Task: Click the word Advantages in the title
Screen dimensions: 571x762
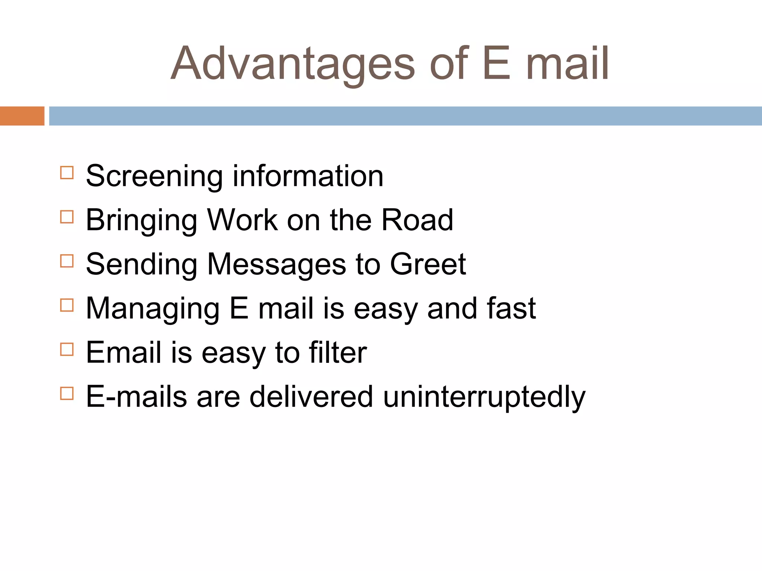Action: coord(292,64)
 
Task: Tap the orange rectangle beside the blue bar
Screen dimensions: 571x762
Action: coord(22,116)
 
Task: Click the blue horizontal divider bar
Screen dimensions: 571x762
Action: coord(405,116)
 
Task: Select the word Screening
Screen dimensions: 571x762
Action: coord(154,176)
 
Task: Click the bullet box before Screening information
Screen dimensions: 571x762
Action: coord(67,173)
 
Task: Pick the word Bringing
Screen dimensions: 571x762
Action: coord(141,220)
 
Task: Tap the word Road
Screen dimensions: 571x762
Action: coord(417,220)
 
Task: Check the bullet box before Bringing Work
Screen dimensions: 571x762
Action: coord(67,217)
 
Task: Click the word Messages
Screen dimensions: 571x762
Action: coord(276,265)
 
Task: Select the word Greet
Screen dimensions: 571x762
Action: coord(428,264)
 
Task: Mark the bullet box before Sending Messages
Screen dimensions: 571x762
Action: coord(67,261)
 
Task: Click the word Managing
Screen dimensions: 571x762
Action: coord(153,309)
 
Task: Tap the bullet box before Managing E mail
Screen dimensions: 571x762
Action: coord(67,305)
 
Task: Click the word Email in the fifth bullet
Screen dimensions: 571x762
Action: coord(124,352)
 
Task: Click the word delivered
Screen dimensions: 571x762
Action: coord(311,396)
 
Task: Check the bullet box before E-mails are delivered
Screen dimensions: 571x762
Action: coord(67,393)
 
